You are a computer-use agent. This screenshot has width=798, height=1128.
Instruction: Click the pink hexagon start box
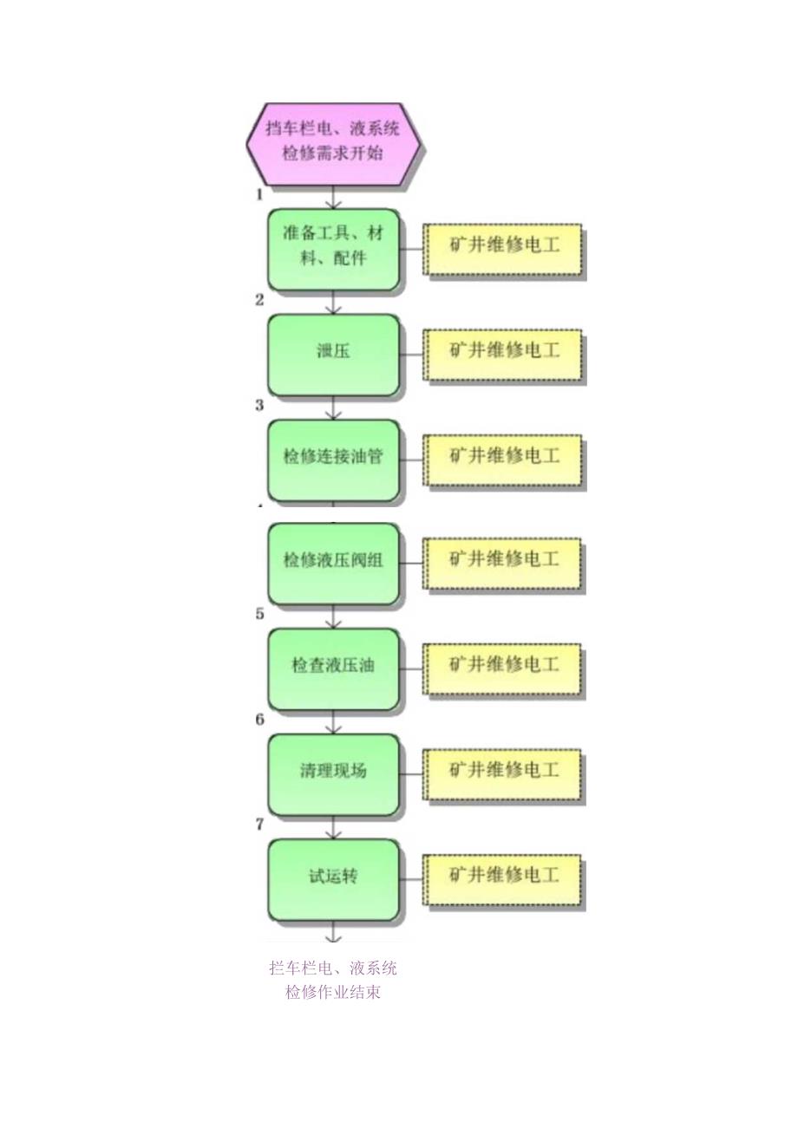click(x=334, y=143)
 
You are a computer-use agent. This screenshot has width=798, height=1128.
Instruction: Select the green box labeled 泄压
click(x=334, y=354)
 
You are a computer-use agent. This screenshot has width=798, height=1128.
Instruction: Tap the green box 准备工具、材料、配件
click(x=334, y=248)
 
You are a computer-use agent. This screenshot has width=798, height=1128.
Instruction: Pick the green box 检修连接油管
click(x=334, y=459)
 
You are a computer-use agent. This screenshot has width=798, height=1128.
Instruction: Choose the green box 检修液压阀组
click(x=334, y=562)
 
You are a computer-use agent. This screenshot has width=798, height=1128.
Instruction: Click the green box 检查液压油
click(x=334, y=668)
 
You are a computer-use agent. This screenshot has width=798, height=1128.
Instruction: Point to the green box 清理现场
click(x=334, y=773)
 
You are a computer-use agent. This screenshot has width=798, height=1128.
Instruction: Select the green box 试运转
click(x=334, y=878)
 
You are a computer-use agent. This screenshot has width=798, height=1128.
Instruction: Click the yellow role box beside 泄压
click(x=503, y=353)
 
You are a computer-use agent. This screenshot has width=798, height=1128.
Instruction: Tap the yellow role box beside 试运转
click(x=503, y=877)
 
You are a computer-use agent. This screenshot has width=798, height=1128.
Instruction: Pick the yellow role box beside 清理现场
click(x=503, y=772)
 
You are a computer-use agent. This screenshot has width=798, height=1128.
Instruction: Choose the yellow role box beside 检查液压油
click(x=503, y=667)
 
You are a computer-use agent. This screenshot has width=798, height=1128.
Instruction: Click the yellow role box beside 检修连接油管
click(x=503, y=458)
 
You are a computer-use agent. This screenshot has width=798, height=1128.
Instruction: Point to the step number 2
click(x=259, y=300)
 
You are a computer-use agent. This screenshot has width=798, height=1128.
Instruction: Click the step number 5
click(x=259, y=614)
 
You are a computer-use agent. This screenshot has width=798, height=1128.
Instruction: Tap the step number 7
click(x=259, y=825)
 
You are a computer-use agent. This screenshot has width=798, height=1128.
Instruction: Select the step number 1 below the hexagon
click(x=259, y=194)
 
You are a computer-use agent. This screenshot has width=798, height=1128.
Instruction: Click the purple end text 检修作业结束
click(x=333, y=993)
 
